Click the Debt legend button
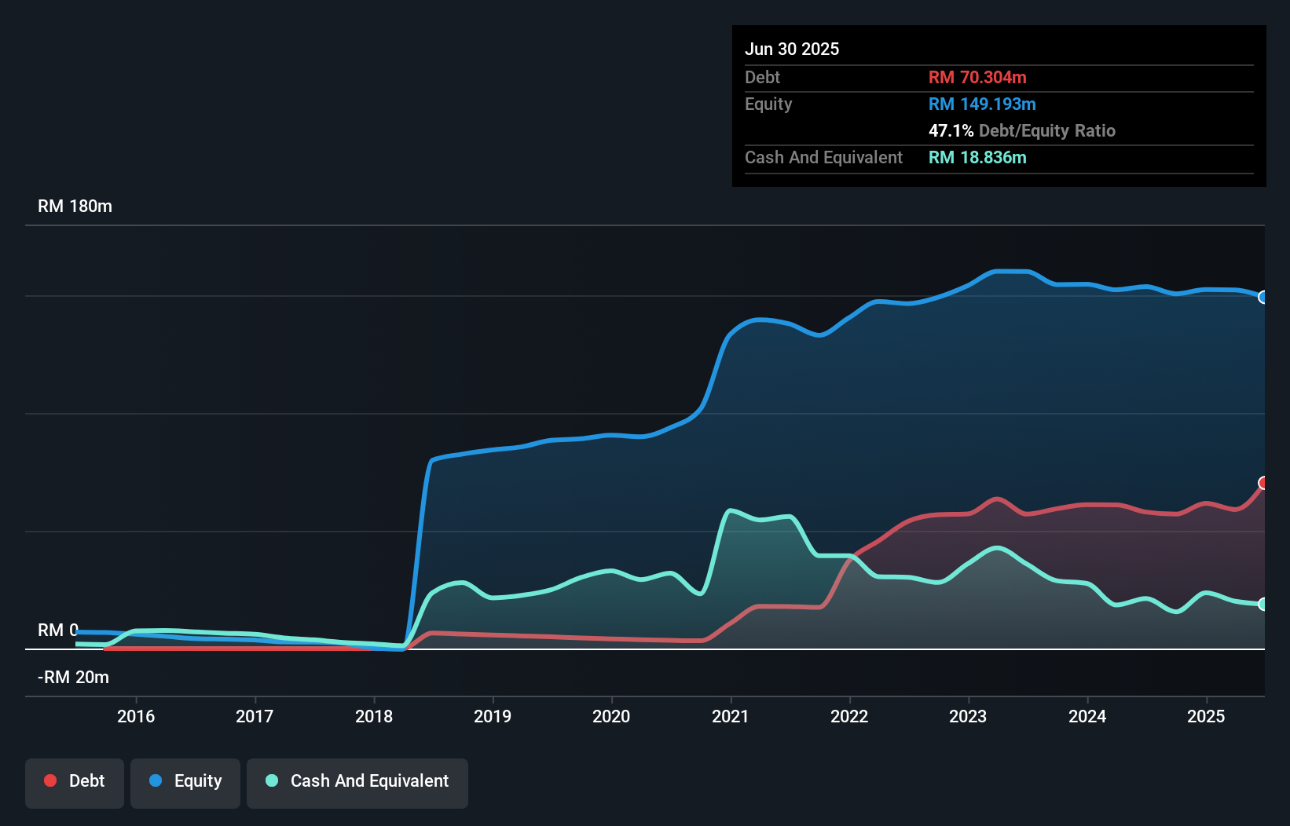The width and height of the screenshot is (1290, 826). tap(75, 782)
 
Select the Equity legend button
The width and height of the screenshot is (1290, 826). tap(185, 782)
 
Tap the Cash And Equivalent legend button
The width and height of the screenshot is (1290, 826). tap(357, 782)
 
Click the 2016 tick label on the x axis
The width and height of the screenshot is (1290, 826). tap(136, 716)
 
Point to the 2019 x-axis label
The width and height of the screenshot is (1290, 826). tap(493, 716)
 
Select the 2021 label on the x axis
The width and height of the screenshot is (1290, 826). tap(731, 716)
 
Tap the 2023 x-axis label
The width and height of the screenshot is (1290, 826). tap(968, 716)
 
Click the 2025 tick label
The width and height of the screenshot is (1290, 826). tap(1206, 716)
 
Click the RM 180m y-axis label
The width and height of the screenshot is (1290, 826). tap(75, 206)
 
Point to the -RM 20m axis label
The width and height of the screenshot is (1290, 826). tap(73, 678)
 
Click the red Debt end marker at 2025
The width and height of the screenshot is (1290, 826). tap(1263, 483)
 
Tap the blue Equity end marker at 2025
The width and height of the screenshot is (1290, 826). tap(1263, 298)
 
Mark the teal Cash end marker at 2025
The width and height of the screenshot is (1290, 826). tap(1263, 604)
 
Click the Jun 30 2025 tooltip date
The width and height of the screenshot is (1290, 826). tap(792, 49)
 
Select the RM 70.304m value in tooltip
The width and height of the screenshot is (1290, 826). tap(977, 78)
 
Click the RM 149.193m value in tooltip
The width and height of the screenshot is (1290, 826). tap(982, 104)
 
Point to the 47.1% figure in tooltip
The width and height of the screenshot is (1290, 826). tap(951, 131)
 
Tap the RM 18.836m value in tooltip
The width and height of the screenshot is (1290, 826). tap(977, 158)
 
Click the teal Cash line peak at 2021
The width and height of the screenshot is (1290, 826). tap(731, 510)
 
